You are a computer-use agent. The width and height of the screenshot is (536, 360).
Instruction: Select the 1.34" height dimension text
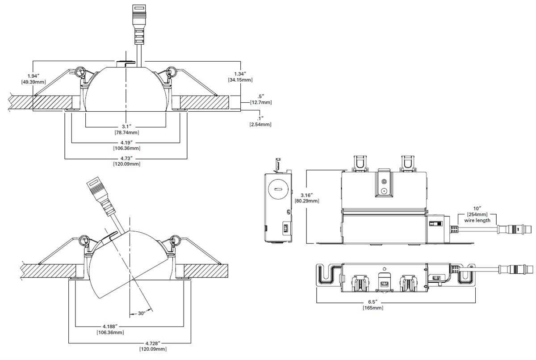click(240, 73)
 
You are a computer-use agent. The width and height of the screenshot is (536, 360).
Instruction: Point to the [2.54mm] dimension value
click(260, 124)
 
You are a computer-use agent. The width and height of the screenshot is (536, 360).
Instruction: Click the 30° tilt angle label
click(141, 314)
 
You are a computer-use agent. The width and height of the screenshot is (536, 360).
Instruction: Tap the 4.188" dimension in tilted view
click(110, 327)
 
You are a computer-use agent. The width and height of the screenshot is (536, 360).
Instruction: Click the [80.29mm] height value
click(308, 201)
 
